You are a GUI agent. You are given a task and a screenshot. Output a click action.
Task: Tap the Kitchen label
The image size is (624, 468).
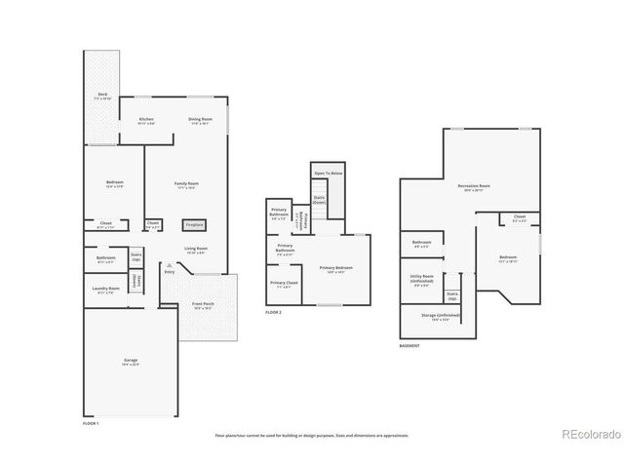[x=146, y=120]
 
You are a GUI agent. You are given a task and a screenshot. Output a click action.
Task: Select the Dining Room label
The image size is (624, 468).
[x=199, y=120]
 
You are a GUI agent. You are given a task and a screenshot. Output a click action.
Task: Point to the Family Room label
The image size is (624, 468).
[x=186, y=184]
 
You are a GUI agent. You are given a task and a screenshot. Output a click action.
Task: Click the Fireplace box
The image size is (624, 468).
[x=195, y=224]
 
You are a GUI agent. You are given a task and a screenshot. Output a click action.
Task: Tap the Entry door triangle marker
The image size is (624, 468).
[x=169, y=264]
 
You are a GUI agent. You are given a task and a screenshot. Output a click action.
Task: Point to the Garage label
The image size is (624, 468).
[x=130, y=361]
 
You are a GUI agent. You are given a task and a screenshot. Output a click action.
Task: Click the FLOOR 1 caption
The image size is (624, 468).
[x=92, y=423]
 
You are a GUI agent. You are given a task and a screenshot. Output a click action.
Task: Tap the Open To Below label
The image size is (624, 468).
[x=328, y=173]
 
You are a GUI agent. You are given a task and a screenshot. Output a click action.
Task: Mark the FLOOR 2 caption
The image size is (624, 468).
[x=274, y=313]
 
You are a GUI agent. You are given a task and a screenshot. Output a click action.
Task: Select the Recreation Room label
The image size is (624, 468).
[x=474, y=185]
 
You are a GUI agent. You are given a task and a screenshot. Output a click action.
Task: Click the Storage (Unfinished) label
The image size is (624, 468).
[x=435, y=317]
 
